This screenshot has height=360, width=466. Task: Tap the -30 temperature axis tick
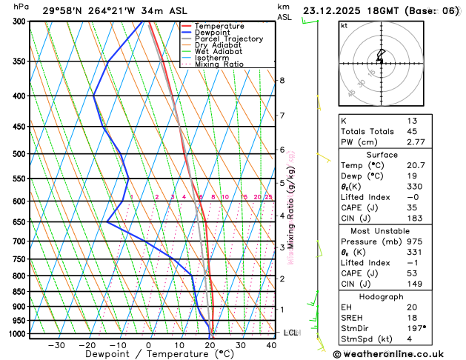[56, 345]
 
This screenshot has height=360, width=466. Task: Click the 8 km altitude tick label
[282, 80]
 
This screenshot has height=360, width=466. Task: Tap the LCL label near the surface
[290, 333]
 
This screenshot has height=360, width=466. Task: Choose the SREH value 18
[412, 318]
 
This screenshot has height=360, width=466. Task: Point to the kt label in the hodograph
[344, 25]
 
